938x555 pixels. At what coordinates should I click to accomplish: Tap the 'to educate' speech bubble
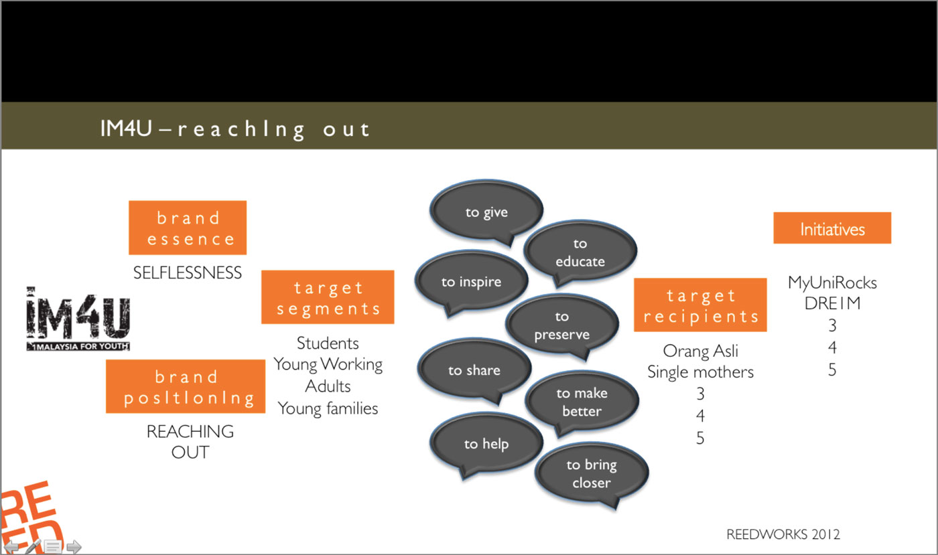coord(579,252)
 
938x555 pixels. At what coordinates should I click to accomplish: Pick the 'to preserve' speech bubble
coord(561,325)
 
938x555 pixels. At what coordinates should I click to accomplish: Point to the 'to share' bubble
coord(474,370)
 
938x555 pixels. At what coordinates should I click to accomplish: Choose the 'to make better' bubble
coord(580,402)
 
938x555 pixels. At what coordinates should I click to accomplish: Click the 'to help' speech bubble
coord(486,443)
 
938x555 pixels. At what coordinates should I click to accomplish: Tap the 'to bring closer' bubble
coord(591,473)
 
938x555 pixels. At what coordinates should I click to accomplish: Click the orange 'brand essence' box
coord(188,228)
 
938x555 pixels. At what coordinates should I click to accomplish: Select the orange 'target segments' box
coord(328,297)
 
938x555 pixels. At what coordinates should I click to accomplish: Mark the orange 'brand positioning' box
coord(186,386)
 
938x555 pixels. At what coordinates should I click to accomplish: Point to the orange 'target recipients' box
coord(700,305)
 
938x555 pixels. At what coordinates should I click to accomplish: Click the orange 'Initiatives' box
coord(832,228)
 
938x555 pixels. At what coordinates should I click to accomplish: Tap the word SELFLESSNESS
coord(188,272)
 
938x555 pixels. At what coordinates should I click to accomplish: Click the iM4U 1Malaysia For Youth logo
coord(78,319)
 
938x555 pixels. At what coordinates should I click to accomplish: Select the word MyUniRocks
coord(832,283)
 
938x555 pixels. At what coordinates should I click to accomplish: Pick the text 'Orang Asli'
coord(700,351)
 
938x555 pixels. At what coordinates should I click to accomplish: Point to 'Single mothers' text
coord(700,372)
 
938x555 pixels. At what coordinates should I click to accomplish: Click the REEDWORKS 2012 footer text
coord(783,534)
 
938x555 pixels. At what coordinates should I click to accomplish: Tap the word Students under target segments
coord(328,343)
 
